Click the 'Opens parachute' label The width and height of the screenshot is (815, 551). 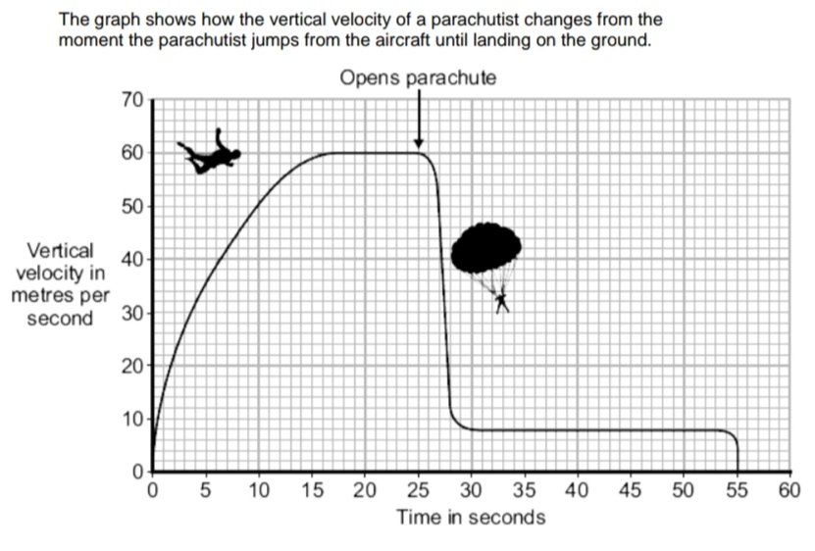click(x=418, y=77)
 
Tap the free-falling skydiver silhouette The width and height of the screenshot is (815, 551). click(x=210, y=154)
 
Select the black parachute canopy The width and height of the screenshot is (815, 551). click(x=485, y=248)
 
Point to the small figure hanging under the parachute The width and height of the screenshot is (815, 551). click(x=502, y=301)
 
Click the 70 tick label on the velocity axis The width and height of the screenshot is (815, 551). click(x=132, y=100)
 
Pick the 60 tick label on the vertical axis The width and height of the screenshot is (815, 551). click(x=132, y=153)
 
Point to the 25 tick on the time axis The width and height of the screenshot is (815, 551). click(x=418, y=490)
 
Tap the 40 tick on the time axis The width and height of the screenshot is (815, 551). click(x=578, y=490)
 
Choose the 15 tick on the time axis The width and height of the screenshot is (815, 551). click(x=312, y=490)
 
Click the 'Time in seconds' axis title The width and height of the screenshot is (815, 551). click(x=471, y=517)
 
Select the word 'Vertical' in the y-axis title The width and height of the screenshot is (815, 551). click(x=61, y=251)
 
